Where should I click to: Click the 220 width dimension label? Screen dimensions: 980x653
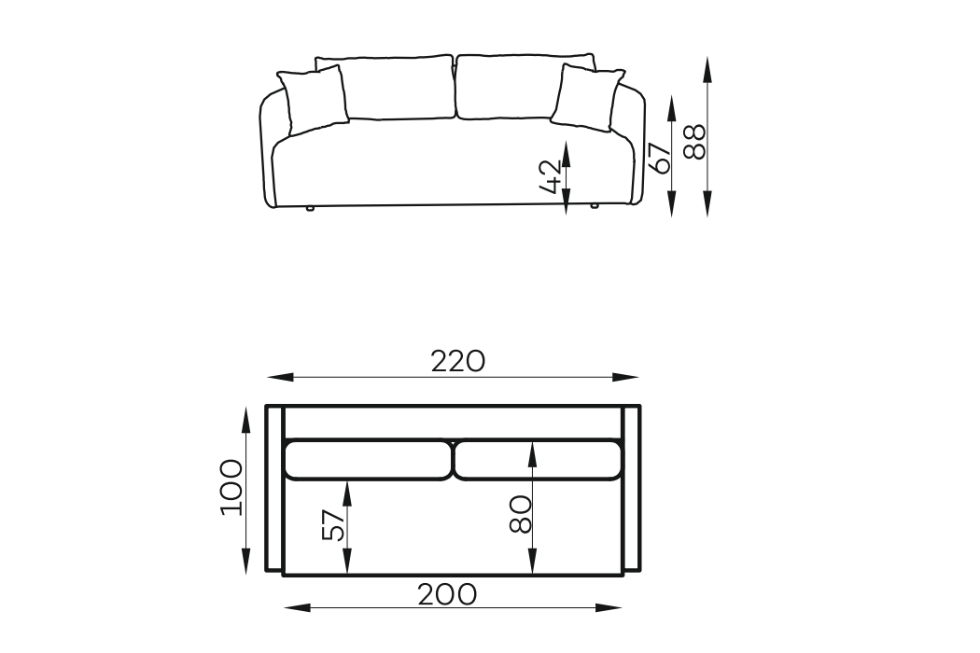[x=457, y=361]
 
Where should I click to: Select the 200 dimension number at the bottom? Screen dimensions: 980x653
[x=447, y=594]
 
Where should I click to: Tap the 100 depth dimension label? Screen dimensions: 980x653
[x=231, y=487]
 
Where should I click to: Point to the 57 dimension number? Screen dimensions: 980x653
[x=332, y=524]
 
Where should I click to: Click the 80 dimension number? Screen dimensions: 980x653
[x=520, y=514]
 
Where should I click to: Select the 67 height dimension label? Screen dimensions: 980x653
[x=660, y=158]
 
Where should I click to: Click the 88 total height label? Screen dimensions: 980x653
[x=694, y=142]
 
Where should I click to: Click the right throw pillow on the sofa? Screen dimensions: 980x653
[x=587, y=97]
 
